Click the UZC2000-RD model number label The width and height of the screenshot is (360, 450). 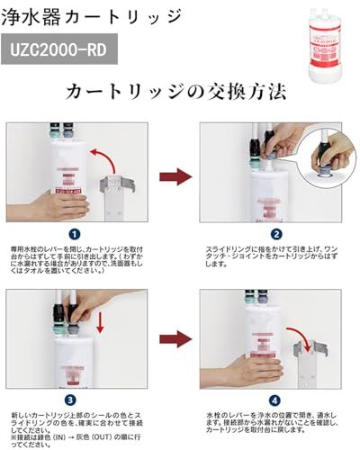click(62, 49)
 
